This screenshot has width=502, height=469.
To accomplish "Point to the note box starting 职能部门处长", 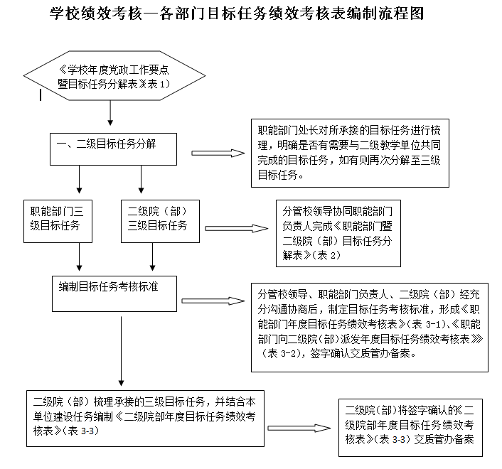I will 349,154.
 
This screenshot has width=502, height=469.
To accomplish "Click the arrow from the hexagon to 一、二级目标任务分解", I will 109,113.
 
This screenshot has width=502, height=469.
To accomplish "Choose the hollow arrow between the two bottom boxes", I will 299,428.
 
